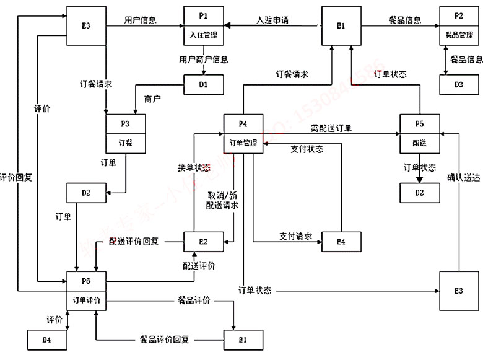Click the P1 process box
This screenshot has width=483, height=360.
click(202, 25)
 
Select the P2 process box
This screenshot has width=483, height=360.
click(459, 25)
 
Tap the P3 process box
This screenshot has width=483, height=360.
click(126, 133)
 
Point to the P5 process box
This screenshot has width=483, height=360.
click(419, 133)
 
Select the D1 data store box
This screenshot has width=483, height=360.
click(203, 84)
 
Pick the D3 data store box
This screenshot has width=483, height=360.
click(459, 84)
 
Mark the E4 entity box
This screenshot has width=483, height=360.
click(341, 241)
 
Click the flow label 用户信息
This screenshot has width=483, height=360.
click(141, 20)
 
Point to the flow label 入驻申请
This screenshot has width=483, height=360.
click(272, 20)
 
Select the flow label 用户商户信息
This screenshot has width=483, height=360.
click(203, 60)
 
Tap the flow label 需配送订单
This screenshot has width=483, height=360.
click(331, 128)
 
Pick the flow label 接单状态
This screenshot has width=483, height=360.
click(194, 167)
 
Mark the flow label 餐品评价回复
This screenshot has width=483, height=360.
click(164, 340)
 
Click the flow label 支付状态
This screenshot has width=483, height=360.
click(307, 149)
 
